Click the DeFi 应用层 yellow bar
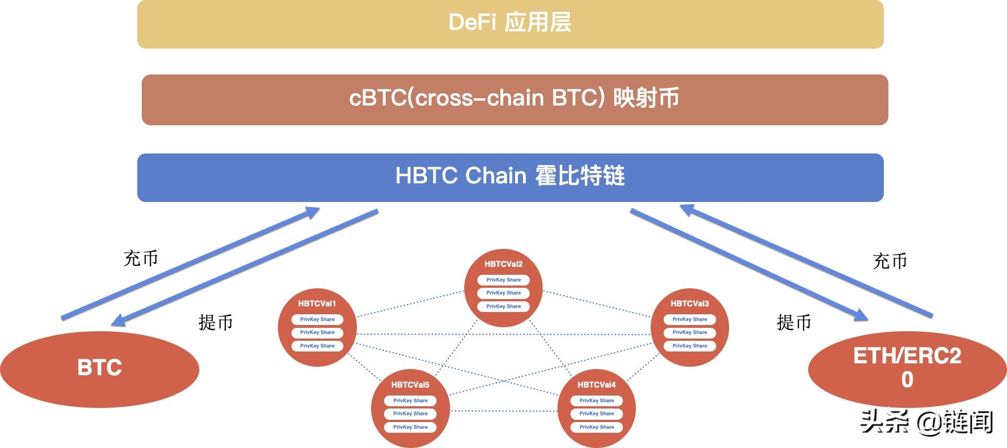(510, 24)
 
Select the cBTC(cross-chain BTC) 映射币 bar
(515, 99)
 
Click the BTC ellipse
(99, 368)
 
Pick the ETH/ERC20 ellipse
(907, 368)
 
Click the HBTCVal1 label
(317, 304)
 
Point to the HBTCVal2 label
(503, 264)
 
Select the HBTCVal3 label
(690, 304)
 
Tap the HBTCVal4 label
(596, 385)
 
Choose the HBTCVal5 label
(410, 385)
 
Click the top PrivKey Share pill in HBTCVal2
(503, 280)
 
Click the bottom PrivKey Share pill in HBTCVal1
(317, 346)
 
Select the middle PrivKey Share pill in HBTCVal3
(690, 332)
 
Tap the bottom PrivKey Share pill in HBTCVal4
(596, 427)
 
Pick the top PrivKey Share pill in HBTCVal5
(410, 401)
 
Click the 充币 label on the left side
(141, 258)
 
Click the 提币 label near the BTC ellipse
(216, 323)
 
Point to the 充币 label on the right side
(890, 261)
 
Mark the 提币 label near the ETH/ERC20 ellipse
(794, 323)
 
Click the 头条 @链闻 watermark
(926, 422)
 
